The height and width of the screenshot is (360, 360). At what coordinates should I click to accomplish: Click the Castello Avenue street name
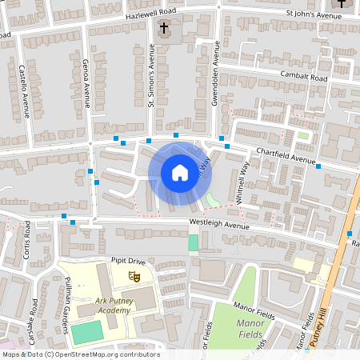pyautogui.click(x=24, y=91)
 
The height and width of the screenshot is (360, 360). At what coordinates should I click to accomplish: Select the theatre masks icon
pyautogui.click(x=134, y=276)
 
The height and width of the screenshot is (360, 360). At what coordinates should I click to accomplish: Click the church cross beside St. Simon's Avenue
pyautogui.click(x=164, y=30)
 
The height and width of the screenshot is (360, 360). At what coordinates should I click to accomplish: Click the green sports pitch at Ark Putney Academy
pyautogui.click(x=86, y=332)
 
